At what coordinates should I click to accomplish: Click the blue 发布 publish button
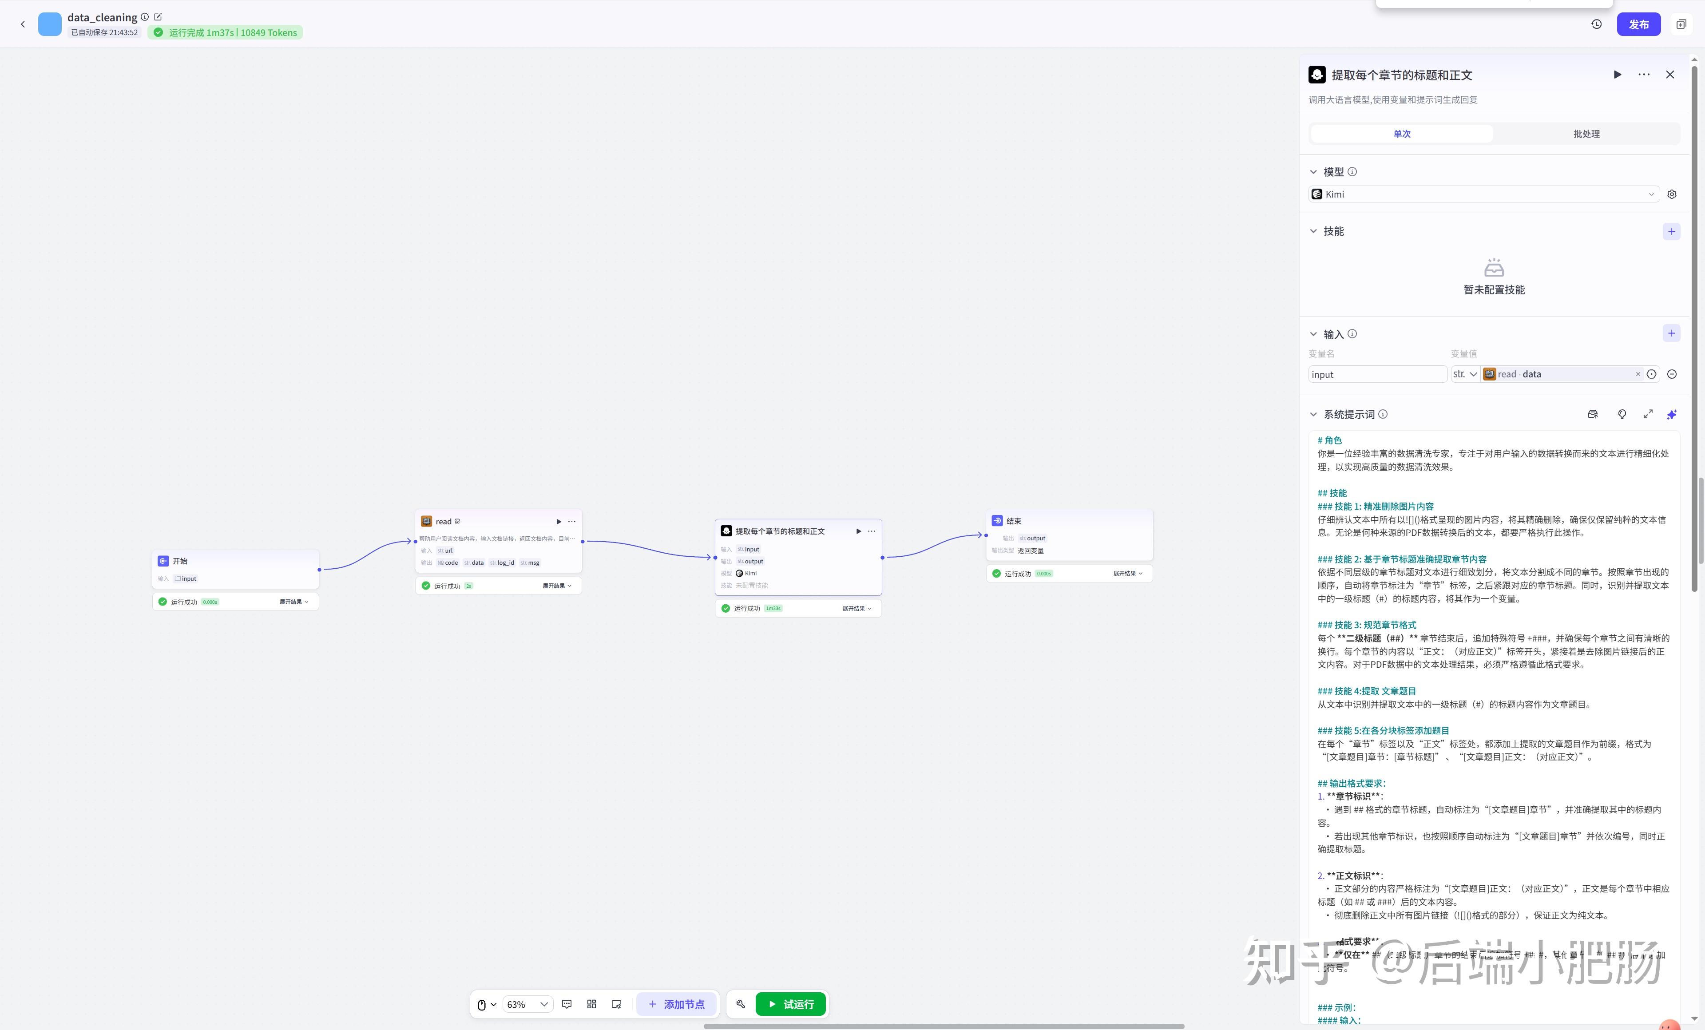(1638, 24)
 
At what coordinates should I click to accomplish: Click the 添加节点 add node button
(676, 1004)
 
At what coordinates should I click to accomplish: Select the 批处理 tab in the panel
(1586, 134)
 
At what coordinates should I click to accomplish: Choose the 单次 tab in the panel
(1401, 134)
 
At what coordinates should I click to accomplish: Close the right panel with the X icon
(1670, 75)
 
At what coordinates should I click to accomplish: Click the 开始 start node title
(180, 561)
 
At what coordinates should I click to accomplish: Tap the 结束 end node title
(1014, 521)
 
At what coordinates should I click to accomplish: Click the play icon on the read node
(559, 522)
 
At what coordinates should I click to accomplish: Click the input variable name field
(1376, 374)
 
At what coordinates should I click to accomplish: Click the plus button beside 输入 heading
(1671, 333)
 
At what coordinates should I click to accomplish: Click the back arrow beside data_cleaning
(23, 24)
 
